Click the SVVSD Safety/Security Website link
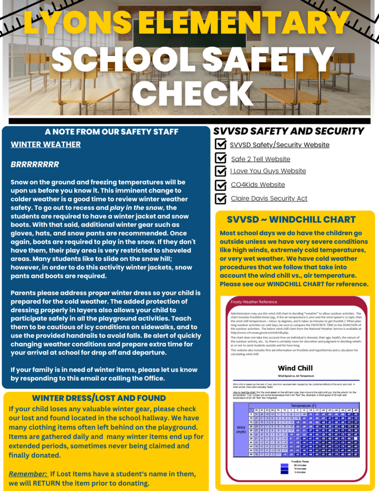point(279,145)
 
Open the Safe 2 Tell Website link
point(261,159)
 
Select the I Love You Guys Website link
point(268,171)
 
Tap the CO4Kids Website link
point(258,185)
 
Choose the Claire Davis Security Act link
point(269,198)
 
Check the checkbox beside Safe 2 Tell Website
point(221,158)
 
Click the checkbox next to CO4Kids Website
point(221,185)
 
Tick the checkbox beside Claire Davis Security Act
point(221,198)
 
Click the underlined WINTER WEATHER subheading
point(46,144)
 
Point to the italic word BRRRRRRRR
point(34,164)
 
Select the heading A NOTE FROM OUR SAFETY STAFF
point(105,131)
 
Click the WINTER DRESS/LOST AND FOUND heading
point(99,398)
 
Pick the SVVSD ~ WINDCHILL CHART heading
point(291,220)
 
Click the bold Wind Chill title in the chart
point(296,368)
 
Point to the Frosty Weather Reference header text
point(254,302)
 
